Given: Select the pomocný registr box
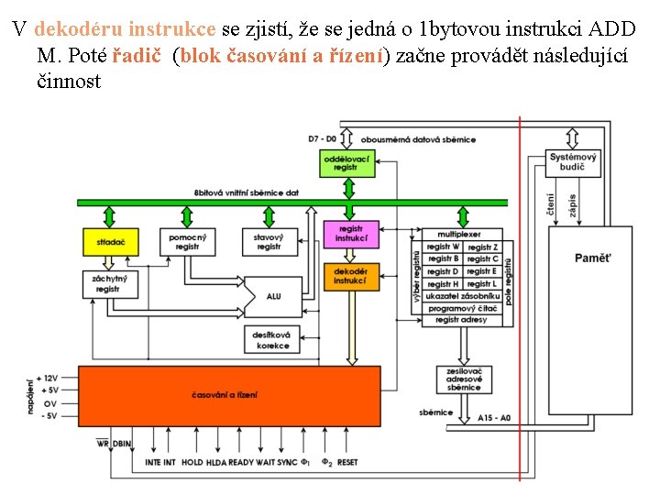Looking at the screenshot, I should (x=188, y=242).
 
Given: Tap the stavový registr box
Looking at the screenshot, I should (x=269, y=242).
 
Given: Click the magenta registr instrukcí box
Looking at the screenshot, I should (x=352, y=235).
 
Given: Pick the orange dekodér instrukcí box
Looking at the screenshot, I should (x=352, y=276).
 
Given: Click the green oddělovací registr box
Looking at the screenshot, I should (x=346, y=164).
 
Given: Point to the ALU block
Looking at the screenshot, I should (x=274, y=296).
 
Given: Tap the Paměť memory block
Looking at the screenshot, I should (x=592, y=258).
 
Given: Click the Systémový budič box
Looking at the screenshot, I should (x=574, y=163).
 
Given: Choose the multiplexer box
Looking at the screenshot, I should (x=457, y=235).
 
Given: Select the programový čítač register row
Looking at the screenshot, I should (x=463, y=309).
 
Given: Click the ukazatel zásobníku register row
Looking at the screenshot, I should (x=463, y=297).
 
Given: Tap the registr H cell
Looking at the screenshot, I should (x=442, y=284).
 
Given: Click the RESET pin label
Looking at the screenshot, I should (x=347, y=463).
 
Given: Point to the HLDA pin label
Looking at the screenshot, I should (x=215, y=463).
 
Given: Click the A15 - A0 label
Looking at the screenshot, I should (x=494, y=418).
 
